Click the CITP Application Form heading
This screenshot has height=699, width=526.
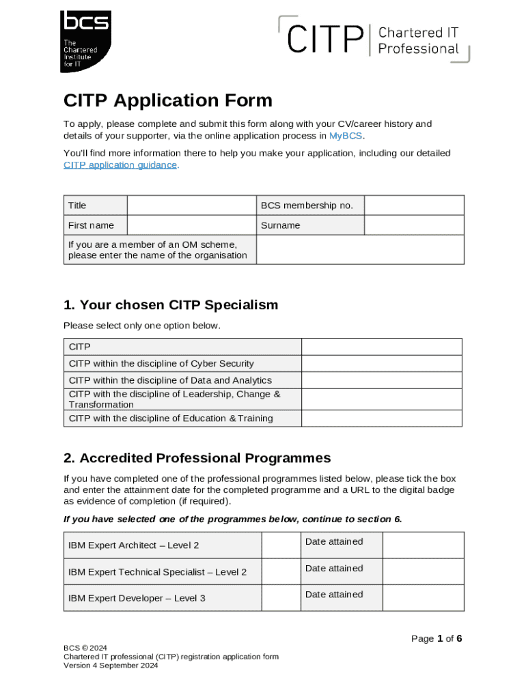167,100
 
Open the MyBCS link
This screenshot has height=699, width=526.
346,136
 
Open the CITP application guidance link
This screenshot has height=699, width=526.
120,165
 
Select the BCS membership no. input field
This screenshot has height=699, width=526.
413,205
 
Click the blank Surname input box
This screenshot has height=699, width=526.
413,225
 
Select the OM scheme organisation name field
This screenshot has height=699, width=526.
360,250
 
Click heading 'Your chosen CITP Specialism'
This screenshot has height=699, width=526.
171,304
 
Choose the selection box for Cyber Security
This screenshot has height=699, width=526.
381,364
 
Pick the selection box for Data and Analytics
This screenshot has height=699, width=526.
381,380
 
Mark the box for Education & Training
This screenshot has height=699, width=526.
381,418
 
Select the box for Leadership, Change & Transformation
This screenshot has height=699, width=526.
381,399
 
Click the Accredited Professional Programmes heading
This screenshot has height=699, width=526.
197,457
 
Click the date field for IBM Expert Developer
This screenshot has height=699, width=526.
423,598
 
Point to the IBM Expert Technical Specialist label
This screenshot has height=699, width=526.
157,572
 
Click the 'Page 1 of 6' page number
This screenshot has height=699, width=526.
437,638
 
